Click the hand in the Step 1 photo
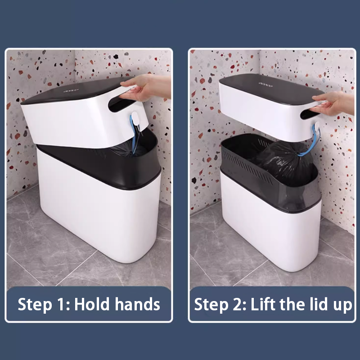[x=147, y=87]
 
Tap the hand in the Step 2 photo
[x=333, y=104]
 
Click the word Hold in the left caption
[x=92, y=304]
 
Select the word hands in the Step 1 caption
[x=137, y=304]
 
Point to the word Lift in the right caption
[x=263, y=304]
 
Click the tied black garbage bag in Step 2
[x=287, y=161]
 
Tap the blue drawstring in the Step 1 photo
[x=134, y=135]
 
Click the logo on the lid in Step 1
[x=71, y=91]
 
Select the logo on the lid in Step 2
[x=265, y=84]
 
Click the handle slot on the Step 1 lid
[x=121, y=104]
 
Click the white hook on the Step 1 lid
[x=135, y=118]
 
